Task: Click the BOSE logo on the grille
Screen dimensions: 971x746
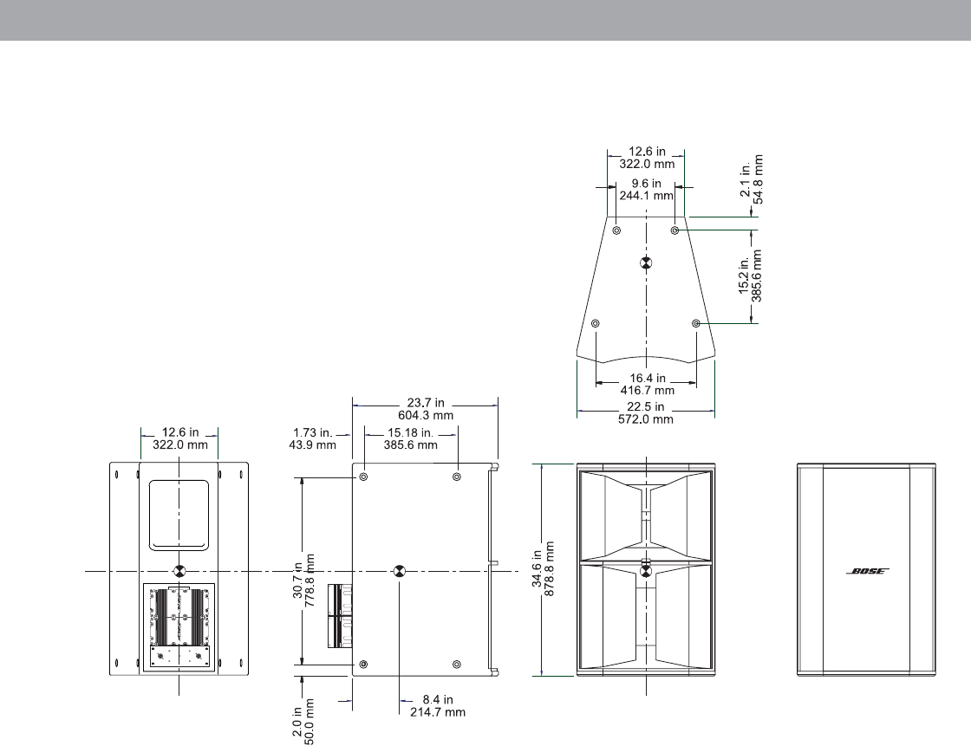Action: coord(868,571)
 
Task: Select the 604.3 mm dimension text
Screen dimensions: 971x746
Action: coord(426,415)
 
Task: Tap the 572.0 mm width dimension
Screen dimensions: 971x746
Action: coord(645,419)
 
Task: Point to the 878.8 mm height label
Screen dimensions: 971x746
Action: coord(549,569)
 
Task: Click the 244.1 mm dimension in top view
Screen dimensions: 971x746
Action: coord(646,196)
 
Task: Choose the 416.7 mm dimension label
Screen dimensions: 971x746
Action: coord(647,390)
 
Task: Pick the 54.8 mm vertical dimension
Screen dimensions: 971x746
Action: coord(758,178)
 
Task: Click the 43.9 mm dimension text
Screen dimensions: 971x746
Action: coord(312,445)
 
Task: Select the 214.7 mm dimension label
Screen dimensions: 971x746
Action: coord(437,712)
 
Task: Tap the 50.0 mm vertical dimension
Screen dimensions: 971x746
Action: coord(310,721)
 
